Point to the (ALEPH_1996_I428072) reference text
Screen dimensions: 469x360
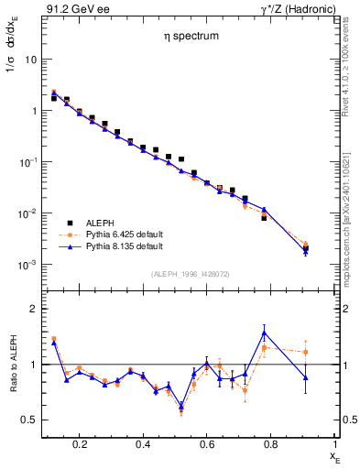191,273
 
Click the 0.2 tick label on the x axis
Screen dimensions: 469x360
80,444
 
